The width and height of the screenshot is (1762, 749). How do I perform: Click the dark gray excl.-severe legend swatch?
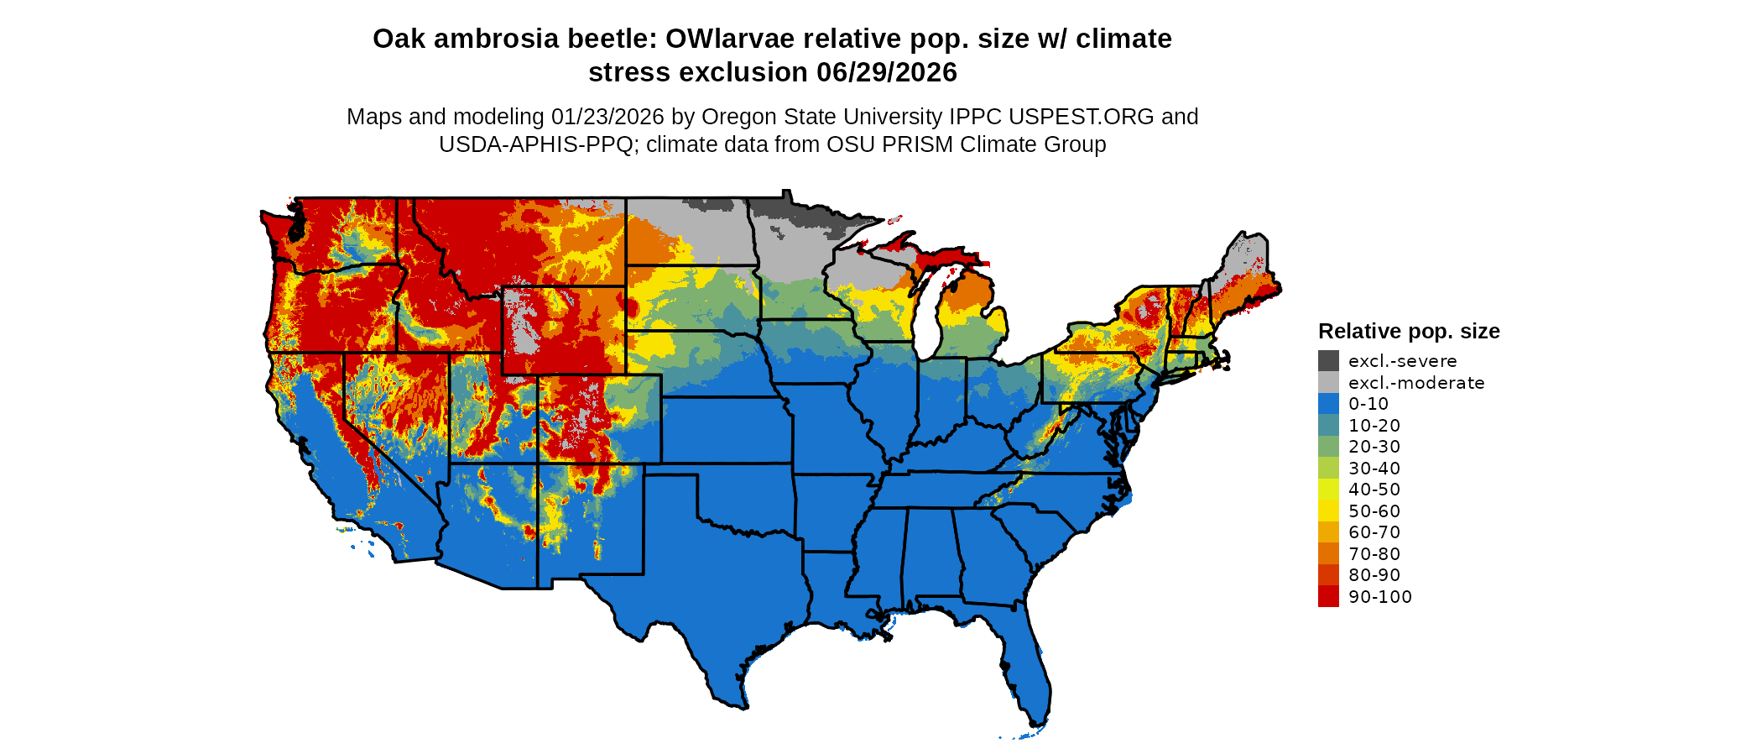(x=1328, y=361)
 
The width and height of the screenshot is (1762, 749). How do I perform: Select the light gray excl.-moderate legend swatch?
(x=1328, y=383)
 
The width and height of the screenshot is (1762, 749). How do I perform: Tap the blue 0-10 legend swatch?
(x=1328, y=404)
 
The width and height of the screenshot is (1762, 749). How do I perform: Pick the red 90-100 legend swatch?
(x=1328, y=597)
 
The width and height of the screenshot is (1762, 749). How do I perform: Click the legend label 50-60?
(x=1374, y=511)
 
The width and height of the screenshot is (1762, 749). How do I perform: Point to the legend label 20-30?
(x=1374, y=447)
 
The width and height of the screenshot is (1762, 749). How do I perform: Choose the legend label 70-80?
(x=1374, y=554)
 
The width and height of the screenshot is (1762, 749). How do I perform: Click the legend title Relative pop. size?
(x=1409, y=331)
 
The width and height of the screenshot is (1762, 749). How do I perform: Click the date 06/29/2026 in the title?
(x=887, y=72)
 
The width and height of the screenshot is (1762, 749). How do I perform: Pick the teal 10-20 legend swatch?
(x=1328, y=426)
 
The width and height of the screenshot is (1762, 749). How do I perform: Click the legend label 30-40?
(x=1374, y=469)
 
